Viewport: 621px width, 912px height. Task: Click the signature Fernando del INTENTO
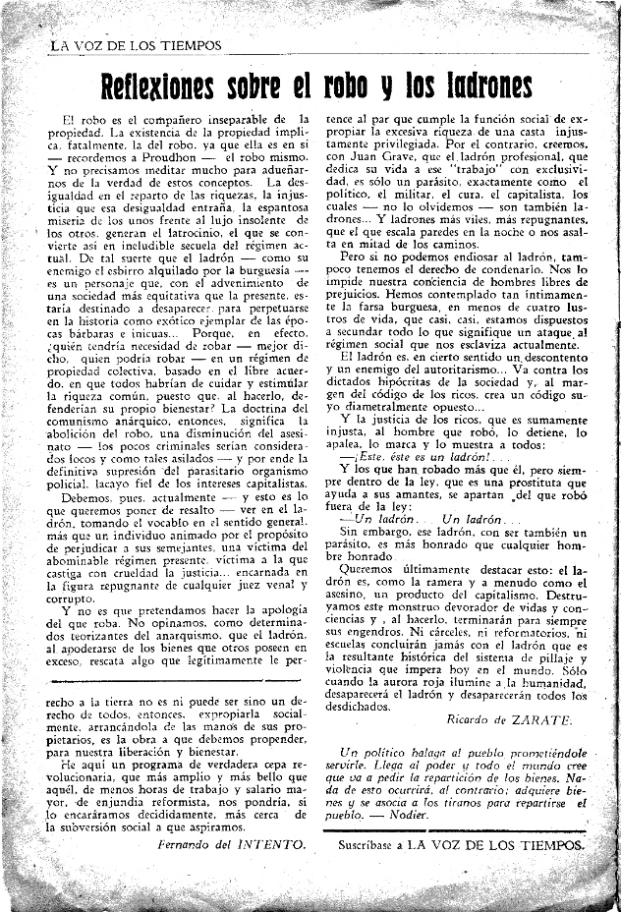point(232,842)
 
